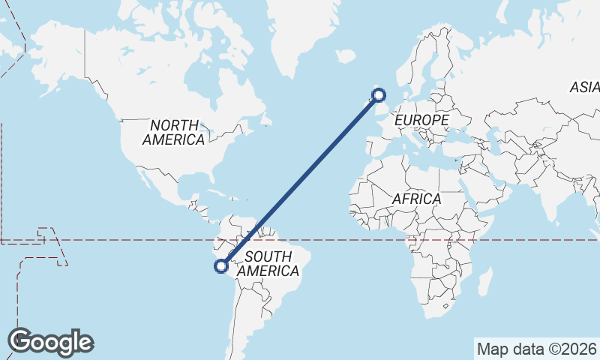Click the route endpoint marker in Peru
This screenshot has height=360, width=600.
(x=221, y=265)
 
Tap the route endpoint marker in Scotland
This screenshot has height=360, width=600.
(x=379, y=94)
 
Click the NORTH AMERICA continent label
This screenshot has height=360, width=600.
(x=173, y=132)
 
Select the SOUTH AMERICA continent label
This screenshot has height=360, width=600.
(x=268, y=263)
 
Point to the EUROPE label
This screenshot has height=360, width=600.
(x=421, y=120)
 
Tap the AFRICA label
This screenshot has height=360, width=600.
(x=416, y=199)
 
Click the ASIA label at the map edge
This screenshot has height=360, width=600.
(x=584, y=87)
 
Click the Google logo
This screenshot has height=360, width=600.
(x=50, y=342)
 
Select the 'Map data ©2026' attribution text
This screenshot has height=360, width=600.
(x=536, y=349)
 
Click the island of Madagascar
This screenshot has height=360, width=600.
(x=485, y=283)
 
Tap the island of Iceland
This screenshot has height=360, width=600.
(x=345, y=56)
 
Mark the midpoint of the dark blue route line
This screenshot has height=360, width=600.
(x=300, y=180)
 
